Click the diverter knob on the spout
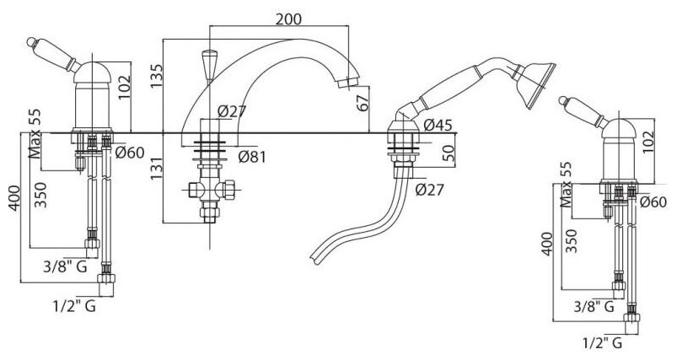point(207,61)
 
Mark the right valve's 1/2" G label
point(602,342)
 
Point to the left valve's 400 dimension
point(11,199)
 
